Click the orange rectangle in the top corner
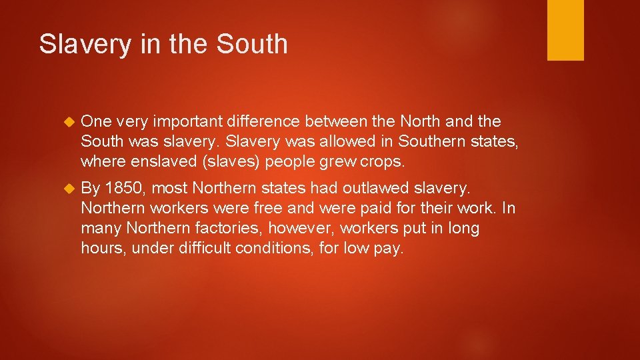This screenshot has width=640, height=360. (x=565, y=30)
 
